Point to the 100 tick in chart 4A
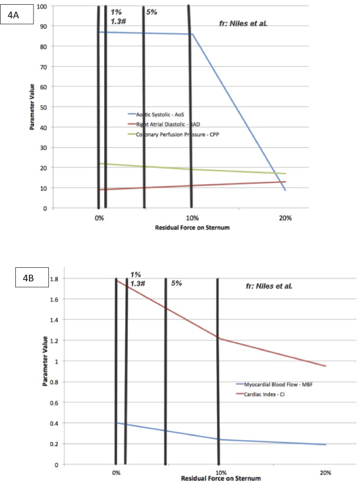pyautogui.click(x=41, y=6)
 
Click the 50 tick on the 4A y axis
pyautogui.click(x=43, y=107)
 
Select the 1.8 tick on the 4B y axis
pyautogui.click(x=57, y=278)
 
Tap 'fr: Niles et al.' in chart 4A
pyautogui.click(x=243, y=25)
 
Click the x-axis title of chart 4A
pyautogui.click(x=191, y=227)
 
